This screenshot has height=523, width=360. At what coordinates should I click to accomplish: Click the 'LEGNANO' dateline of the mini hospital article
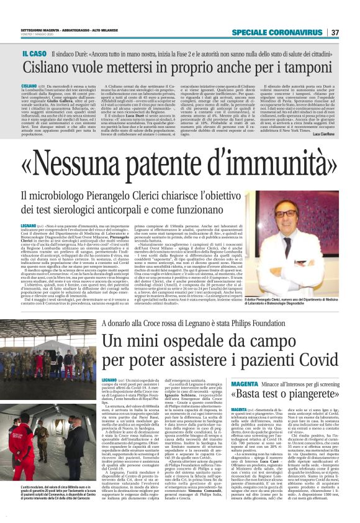pos(109,380)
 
